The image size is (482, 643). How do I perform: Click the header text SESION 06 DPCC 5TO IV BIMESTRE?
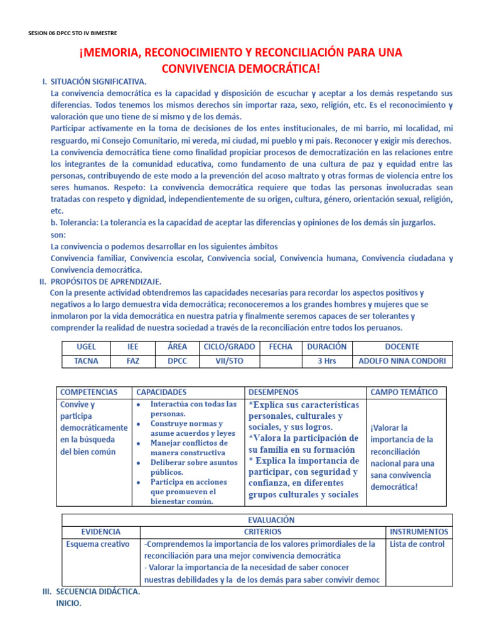[72, 33]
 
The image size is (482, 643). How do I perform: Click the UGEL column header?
[86, 347]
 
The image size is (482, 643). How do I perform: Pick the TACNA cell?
[86, 361]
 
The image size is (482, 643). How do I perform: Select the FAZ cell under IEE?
[132, 361]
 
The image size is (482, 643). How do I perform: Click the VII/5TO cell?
[228, 361]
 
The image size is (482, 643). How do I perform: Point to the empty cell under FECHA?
[281, 361]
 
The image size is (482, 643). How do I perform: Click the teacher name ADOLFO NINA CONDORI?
[402, 361]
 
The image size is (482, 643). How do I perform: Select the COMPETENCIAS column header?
[88, 392]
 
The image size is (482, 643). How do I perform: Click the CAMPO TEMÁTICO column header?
[404, 392]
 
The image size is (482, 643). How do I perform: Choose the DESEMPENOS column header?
[274, 392]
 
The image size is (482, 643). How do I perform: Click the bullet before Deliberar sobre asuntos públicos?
[139, 462]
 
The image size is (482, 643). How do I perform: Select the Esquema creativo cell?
[98, 544]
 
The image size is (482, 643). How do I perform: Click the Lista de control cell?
[417, 544]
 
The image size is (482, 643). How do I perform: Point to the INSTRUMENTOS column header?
[419, 531]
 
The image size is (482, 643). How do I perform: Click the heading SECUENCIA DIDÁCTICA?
[98, 592]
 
